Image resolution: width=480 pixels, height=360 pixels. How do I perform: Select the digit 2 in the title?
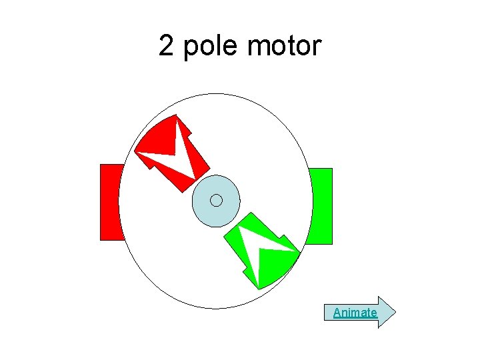(166, 46)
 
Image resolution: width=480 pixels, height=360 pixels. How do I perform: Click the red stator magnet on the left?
(110, 201)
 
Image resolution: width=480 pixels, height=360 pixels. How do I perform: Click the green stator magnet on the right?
(321, 206)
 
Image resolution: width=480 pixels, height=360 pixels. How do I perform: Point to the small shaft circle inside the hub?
(216, 200)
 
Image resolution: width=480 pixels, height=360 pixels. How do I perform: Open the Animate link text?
(355, 313)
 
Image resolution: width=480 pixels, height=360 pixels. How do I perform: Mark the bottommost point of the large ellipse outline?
(215, 308)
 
